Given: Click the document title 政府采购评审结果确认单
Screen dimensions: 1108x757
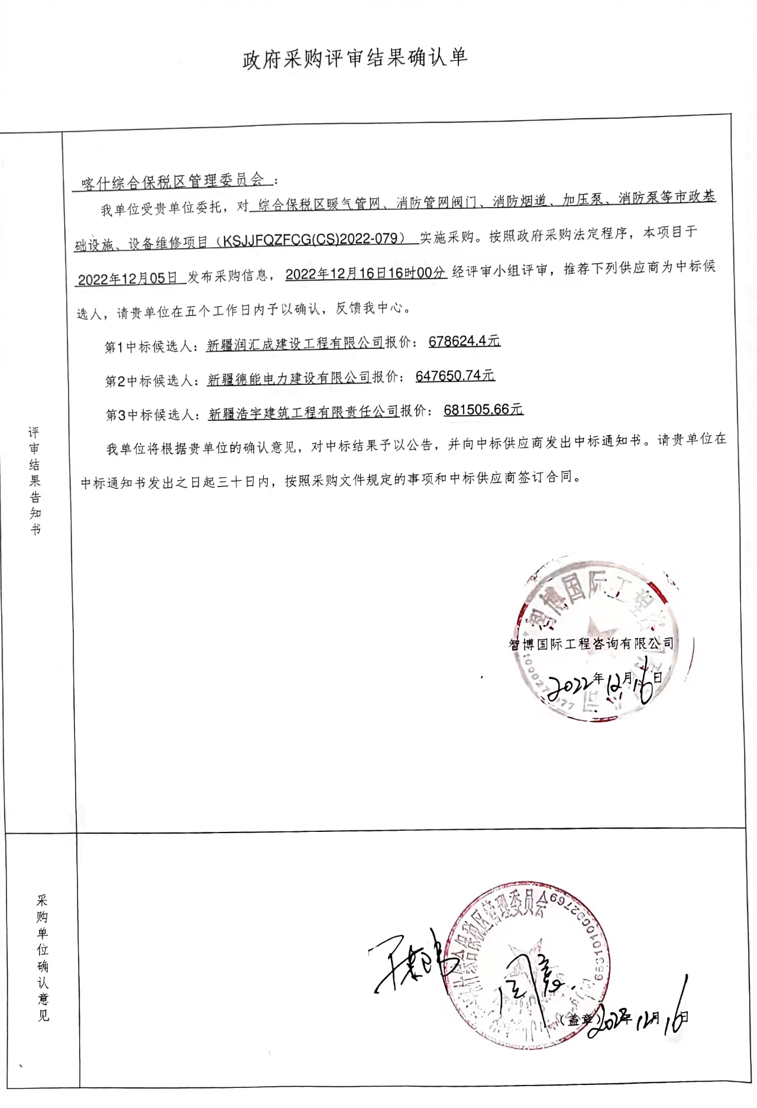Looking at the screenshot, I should (x=355, y=59).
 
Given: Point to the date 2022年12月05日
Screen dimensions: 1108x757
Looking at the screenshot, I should (x=128, y=278).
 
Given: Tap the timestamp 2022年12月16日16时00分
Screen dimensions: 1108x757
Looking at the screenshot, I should (x=365, y=274).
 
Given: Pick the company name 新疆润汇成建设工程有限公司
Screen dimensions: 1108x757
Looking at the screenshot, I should (x=295, y=344).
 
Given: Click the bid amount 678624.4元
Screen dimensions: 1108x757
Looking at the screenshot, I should (x=464, y=341).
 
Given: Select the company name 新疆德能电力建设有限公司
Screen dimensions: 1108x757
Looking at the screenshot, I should (x=288, y=378).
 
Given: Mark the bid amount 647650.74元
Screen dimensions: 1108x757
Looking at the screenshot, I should (x=455, y=376).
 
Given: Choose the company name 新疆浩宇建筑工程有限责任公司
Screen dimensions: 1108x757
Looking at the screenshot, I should (x=303, y=413).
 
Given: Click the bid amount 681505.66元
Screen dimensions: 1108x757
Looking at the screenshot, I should (x=483, y=410).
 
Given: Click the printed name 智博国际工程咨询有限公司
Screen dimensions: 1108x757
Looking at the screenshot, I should (x=591, y=643).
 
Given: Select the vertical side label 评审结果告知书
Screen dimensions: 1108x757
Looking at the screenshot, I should (x=35, y=480).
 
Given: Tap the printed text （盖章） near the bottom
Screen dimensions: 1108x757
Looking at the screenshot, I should (x=580, y=1019).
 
